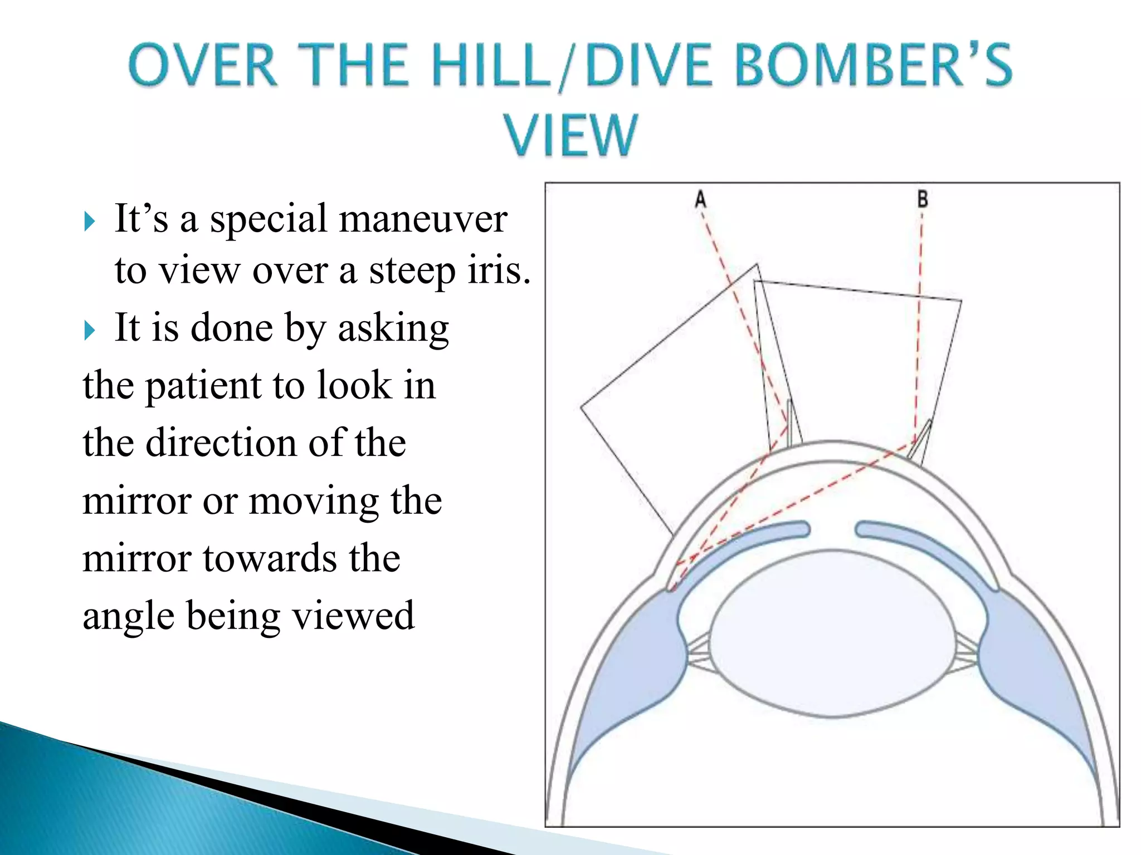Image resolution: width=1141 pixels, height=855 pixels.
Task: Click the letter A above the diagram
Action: point(700,199)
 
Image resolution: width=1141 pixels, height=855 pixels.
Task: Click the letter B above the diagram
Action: point(922,199)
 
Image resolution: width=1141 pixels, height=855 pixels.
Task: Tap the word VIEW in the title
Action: point(570,135)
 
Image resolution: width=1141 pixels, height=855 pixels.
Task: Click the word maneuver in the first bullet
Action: point(423,219)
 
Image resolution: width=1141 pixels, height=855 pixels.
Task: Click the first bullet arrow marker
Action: point(90,222)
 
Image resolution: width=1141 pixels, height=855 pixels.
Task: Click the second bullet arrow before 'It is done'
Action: point(90,331)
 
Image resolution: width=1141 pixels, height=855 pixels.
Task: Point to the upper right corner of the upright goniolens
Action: point(960,301)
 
